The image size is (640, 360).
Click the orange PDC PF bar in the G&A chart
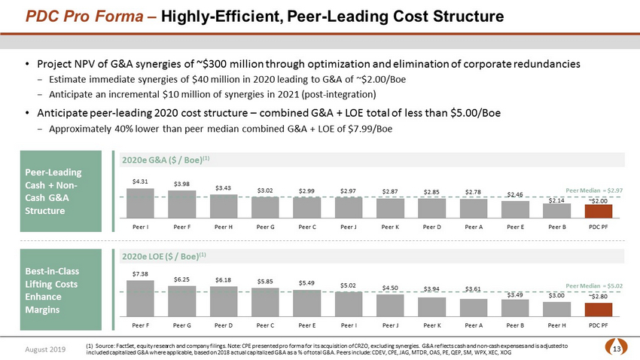(599, 210)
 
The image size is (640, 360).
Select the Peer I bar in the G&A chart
(136, 202)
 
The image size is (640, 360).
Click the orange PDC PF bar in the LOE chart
(599, 309)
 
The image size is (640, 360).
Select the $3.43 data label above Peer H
(224, 188)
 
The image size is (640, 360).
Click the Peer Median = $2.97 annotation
(594, 192)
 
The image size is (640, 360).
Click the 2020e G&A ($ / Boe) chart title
(158, 159)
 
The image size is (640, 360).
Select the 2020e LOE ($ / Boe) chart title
(158, 255)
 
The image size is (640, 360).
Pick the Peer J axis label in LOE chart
(390, 325)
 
